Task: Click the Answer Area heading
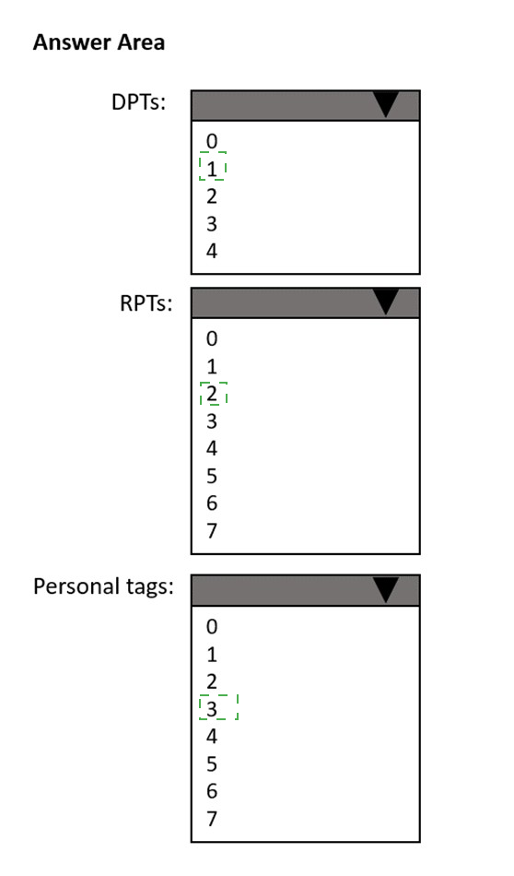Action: pyautogui.click(x=99, y=42)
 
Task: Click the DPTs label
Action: pyautogui.click(x=138, y=102)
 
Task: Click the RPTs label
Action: pyautogui.click(x=146, y=303)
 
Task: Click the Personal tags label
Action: pyautogui.click(x=103, y=586)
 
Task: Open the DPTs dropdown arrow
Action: pyautogui.click(x=386, y=104)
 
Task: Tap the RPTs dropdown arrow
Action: pyautogui.click(x=386, y=302)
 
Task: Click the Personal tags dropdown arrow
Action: pyautogui.click(x=386, y=590)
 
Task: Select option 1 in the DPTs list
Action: pyautogui.click(x=212, y=169)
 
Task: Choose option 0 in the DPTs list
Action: pyautogui.click(x=212, y=141)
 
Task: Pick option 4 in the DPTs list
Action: pyautogui.click(x=212, y=251)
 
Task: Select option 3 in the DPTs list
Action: pyautogui.click(x=212, y=223)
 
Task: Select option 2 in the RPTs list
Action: pyautogui.click(x=212, y=394)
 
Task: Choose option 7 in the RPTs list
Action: pyautogui.click(x=212, y=531)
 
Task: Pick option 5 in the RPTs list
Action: pyautogui.click(x=212, y=476)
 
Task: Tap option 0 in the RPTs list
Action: pyautogui.click(x=212, y=339)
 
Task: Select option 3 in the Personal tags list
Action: pyautogui.click(x=212, y=709)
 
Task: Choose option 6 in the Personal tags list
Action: pyautogui.click(x=212, y=791)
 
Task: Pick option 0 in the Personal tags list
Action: pyautogui.click(x=212, y=627)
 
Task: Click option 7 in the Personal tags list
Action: pyautogui.click(x=212, y=819)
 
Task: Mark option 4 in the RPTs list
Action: pyautogui.click(x=212, y=449)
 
